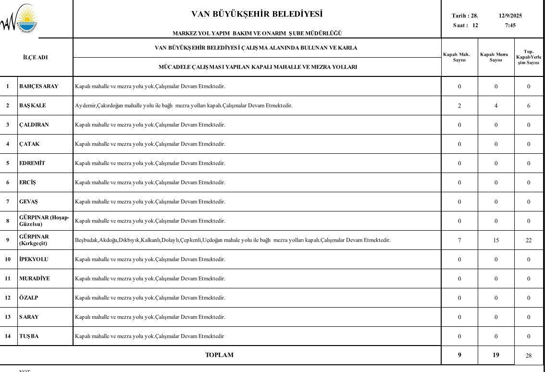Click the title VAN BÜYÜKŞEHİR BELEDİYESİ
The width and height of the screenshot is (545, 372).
(x=257, y=14)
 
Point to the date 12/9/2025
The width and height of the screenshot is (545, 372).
(x=510, y=15)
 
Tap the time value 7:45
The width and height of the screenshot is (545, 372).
(x=510, y=25)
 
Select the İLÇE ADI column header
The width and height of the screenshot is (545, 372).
(x=36, y=57)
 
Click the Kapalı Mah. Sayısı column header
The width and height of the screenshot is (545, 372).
(x=459, y=57)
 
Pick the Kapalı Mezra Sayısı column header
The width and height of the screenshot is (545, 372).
(x=495, y=57)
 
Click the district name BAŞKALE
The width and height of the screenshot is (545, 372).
(x=33, y=105)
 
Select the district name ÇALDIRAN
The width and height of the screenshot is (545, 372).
(x=34, y=124)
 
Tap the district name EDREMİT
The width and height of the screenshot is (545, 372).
(x=32, y=163)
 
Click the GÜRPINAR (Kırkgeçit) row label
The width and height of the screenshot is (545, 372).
(x=34, y=240)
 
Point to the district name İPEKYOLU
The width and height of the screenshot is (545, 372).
(x=34, y=259)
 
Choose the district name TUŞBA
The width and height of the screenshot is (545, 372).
(x=29, y=336)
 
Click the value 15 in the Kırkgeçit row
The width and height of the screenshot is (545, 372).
(x=496, y=240)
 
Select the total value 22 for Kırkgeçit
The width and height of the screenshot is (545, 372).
(x=529, y=240)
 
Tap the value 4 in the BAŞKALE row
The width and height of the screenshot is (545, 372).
(x=496, y=106)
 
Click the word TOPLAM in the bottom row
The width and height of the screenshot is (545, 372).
(x=219, y=355)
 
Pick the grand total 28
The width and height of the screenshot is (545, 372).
(x=529, y=356)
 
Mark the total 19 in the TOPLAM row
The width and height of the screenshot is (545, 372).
(x=496, y=355)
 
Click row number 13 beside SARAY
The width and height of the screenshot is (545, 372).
(x=8, y=317)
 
